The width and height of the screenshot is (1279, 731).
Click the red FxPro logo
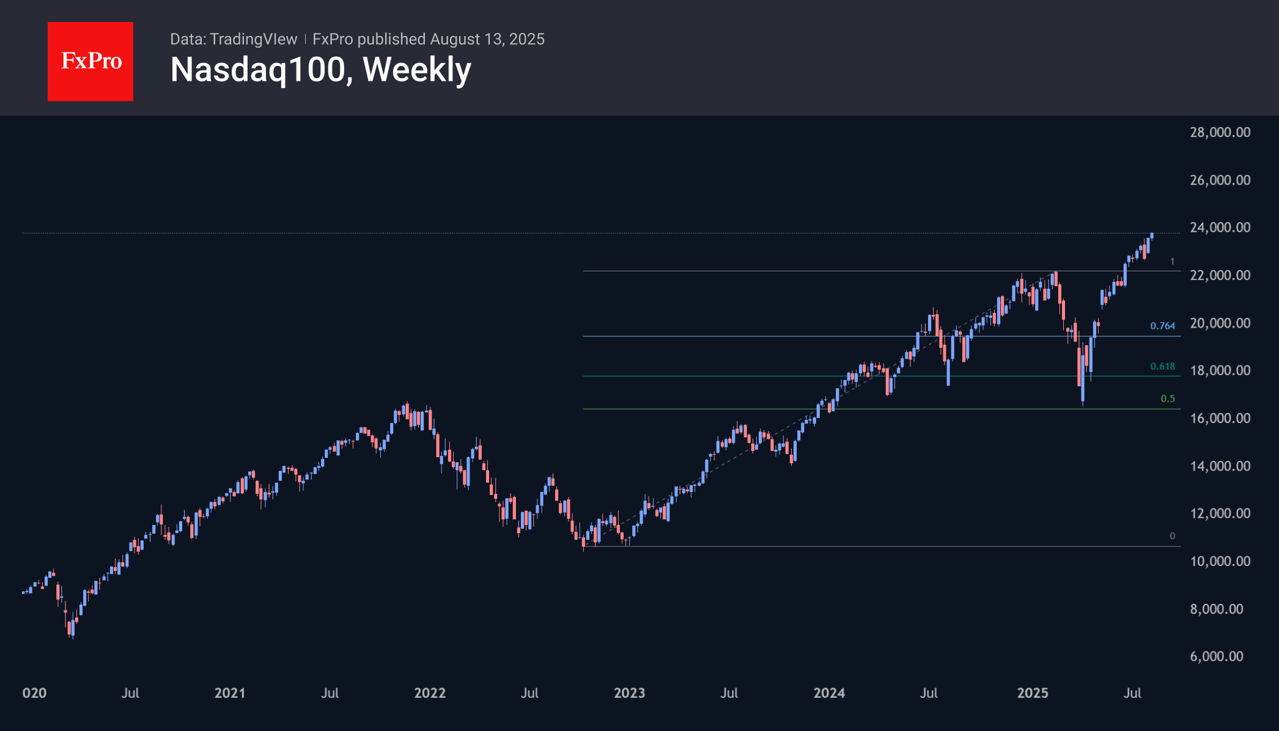[90, 62]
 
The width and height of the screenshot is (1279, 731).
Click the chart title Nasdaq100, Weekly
[320, 70]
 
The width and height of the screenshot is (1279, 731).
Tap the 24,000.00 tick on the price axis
[1220, 227]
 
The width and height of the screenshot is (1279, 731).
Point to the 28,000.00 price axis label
[1220, 132]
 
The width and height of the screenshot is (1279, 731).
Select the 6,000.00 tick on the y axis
[1216, 656]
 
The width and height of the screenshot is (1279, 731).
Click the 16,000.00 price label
[1220, 418]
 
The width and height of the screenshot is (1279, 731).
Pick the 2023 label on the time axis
[629, 692]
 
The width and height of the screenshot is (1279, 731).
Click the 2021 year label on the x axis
[230, 692]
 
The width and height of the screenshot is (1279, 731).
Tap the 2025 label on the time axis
[1032, 692]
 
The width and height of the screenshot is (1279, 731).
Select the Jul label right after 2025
[1132, 692]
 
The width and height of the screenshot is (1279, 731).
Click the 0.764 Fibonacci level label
[1162, 326]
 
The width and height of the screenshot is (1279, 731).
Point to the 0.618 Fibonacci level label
[1162, 366]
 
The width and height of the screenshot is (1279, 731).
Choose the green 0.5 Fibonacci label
[1168, 399]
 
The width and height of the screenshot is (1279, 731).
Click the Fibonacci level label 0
[1172, 536]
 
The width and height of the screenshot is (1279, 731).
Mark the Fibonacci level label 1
[1172, 262]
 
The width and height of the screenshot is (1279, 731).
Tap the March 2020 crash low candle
[71, 630]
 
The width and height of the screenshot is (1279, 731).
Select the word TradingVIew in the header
[253, 39]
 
